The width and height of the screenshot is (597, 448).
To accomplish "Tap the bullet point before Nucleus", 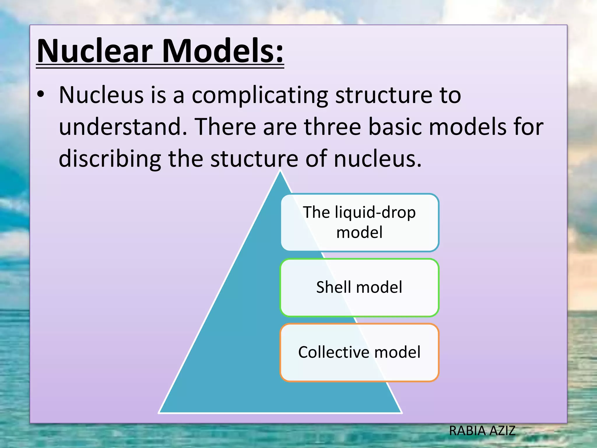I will [x=41, y=94].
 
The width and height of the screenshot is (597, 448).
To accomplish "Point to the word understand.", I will [x=123, y=127].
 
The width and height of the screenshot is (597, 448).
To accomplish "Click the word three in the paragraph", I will [x=332, y=127].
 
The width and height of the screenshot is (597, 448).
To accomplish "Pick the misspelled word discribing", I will [x=110, y=159].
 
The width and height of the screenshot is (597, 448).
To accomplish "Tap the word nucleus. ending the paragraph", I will [x=378, y=159].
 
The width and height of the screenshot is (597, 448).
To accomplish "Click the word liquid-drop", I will [x=375, y=212].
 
